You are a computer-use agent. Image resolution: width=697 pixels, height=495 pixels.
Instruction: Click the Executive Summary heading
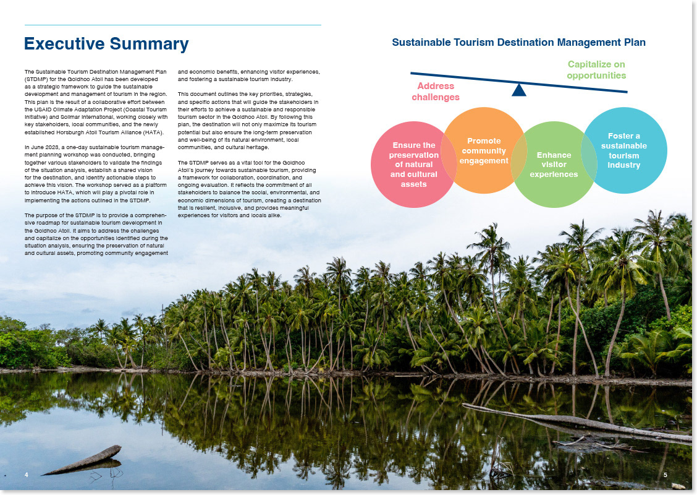point(106,44)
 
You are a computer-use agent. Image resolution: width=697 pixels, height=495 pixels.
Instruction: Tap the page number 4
point(27,475)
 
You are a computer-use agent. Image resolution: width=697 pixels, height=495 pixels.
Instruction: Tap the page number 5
point(665,475)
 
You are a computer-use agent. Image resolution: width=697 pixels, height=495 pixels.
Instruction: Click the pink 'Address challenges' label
point(436,92)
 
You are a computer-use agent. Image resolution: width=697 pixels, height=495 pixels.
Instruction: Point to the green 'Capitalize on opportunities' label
point(596,70)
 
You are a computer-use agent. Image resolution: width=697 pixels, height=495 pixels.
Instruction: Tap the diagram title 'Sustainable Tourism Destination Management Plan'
point(518,43)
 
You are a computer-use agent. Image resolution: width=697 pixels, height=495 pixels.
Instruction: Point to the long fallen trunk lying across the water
point(575,423)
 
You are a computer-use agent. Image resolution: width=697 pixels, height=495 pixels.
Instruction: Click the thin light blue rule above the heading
point(173,25)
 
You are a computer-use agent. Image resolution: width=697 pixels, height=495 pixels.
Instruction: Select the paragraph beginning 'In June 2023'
point(96,173)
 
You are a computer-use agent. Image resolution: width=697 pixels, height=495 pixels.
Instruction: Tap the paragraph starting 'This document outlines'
point(249,121)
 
